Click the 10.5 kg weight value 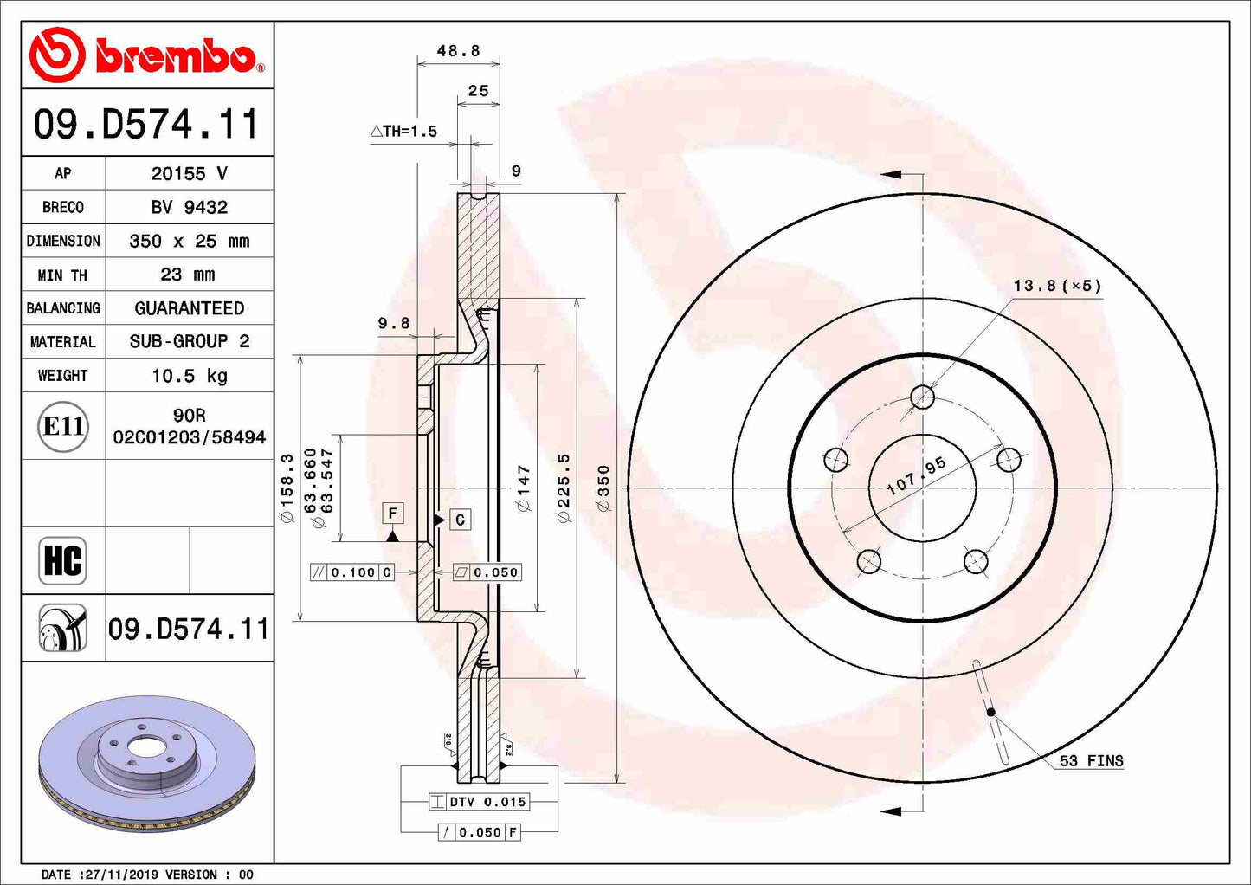tap(189, 376)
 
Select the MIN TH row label tap(62, 275)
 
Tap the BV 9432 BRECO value tap(189, 207)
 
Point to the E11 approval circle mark tap(63, 426)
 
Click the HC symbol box tap(62, 560)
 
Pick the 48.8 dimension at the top tap(458, 51)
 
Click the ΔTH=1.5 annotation tap(404, 132)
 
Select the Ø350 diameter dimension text tap(603, 488)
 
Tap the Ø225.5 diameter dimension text tap(564, 488)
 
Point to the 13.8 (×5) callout tap(1057, 286)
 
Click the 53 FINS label tap(1091, 761)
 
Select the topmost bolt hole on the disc tap(923, 397)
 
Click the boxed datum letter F tap(393, 514)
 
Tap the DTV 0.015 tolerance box tap(479, 802)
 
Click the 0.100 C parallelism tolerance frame tap(352, 572)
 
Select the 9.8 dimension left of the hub tap(394, 323)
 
